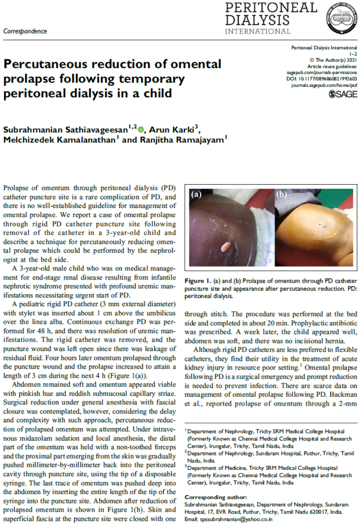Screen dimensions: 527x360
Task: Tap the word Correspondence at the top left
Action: (x=25, y=31)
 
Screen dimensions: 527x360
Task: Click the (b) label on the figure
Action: (x=282, y=195)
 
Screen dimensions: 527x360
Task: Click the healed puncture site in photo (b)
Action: (x=323, y=225)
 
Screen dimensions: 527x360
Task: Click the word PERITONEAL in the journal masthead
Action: (x=271, y=8)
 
